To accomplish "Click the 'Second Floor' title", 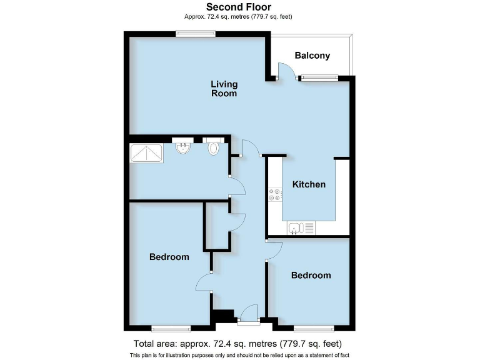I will [x=239, y=7].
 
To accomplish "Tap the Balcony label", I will [x=312, y=56].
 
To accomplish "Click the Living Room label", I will [x=224, y=89].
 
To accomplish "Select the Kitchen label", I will [x=309, y=184].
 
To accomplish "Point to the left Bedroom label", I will [x=169, y=257].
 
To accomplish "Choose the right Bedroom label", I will [x=311, y=276].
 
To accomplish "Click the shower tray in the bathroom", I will [x=146, y=152].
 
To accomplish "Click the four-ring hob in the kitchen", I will [x=275, y=194].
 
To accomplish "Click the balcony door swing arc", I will [x=287, y=71].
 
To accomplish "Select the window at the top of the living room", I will [x=195, y=34].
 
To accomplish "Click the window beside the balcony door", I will [x=319, y=78].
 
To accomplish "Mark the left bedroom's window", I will [x=171, y=327].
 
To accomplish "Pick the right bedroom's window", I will [x=314, y=327].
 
